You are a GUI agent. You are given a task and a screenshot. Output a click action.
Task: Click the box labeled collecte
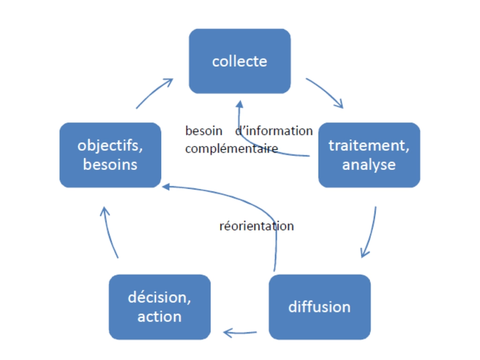coord(240,61)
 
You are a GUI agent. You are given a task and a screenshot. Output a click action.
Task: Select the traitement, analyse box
coord(369,155)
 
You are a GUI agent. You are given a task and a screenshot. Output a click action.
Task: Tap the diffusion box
coord(319,307)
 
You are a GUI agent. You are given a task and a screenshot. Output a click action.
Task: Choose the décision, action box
coord(159,307)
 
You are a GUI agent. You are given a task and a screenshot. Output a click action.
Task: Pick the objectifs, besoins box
coord(110,155)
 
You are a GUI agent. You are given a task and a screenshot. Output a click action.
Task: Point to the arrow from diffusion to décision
coord(240,333)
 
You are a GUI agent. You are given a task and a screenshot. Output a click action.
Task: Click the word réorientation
coord(256,226)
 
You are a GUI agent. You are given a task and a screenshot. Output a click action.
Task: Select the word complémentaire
coord(232,149)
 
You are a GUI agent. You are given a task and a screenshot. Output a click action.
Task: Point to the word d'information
coord(274,131)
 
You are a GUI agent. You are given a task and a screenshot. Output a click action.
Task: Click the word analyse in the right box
coord(369,165)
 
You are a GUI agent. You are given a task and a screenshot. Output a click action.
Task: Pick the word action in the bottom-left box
coord(159,316)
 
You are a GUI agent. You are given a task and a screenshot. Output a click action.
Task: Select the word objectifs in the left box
coord(110,145)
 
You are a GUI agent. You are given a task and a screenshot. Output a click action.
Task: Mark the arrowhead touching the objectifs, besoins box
coord(165,187)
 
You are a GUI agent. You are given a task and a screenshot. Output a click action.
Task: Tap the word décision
coord(159,298)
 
